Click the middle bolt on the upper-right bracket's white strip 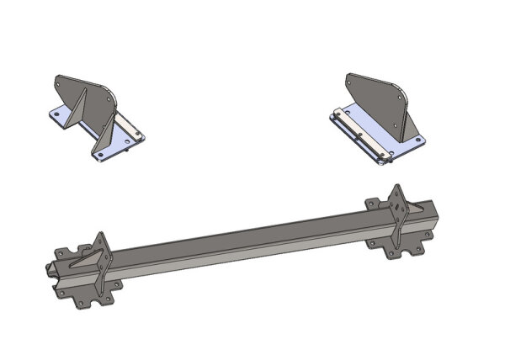359,133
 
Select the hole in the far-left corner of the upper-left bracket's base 55,114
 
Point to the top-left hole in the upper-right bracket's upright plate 350,79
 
